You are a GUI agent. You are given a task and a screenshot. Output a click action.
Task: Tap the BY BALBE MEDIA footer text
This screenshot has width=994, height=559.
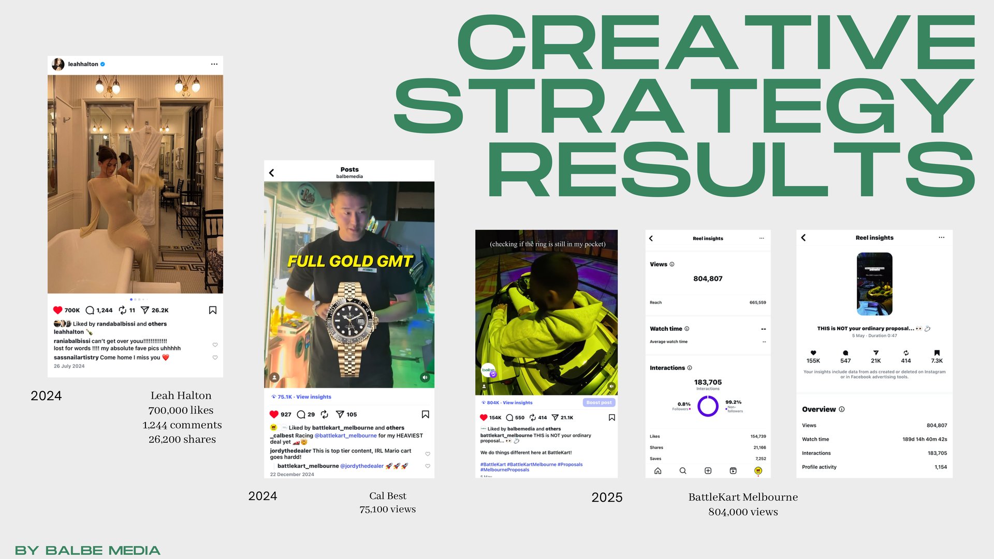pyautogui.click(x=87, y=550)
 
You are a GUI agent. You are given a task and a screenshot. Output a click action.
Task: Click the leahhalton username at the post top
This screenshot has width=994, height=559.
pyautogui.click(x=83, y=64)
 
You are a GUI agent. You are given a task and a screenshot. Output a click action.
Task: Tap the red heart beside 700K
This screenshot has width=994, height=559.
pyautogui.click(x=57, y=310)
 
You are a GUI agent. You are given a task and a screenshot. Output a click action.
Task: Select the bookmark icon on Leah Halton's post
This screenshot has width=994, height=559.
pyautogui.click(x=212, y=310)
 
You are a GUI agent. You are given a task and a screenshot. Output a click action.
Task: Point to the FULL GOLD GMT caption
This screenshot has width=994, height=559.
pyautogui.click(x=350, y=261)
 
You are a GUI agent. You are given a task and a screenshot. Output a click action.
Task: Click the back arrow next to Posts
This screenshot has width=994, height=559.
pyautogui.click(x=272, y=173)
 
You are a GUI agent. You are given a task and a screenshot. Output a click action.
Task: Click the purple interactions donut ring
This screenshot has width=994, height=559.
pyautogui.click(x=708, y=406)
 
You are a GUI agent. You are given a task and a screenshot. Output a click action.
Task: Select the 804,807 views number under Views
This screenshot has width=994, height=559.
pyautogui.click(x=708, y=278)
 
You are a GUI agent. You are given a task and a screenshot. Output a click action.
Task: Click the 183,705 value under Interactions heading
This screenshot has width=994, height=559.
pyautogui.click(x=708, y=382)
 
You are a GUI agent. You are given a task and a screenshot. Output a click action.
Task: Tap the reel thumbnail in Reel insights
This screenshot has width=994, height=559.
pyautogui.click(x=874, y=284)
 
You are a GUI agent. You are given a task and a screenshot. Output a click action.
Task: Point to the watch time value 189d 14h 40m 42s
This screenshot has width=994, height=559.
pyautogui.click(x=925, y=439)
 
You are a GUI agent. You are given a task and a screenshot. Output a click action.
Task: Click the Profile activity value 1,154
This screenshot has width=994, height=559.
pyautogui.click(x=941, y=467)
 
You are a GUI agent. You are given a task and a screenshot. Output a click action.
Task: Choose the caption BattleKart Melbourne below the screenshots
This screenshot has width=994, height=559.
pyautogui.click(x=743, y=497)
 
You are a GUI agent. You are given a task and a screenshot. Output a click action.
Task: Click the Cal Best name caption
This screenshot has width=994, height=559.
pyautogui.click(x=388, y=496)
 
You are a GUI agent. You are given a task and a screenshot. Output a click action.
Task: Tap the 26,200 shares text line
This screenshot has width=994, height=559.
pyautogui.click(x=182, y=439)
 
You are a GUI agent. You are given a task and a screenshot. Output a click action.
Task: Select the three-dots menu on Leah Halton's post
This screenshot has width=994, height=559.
pyautogui.click(x=214, y=64)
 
